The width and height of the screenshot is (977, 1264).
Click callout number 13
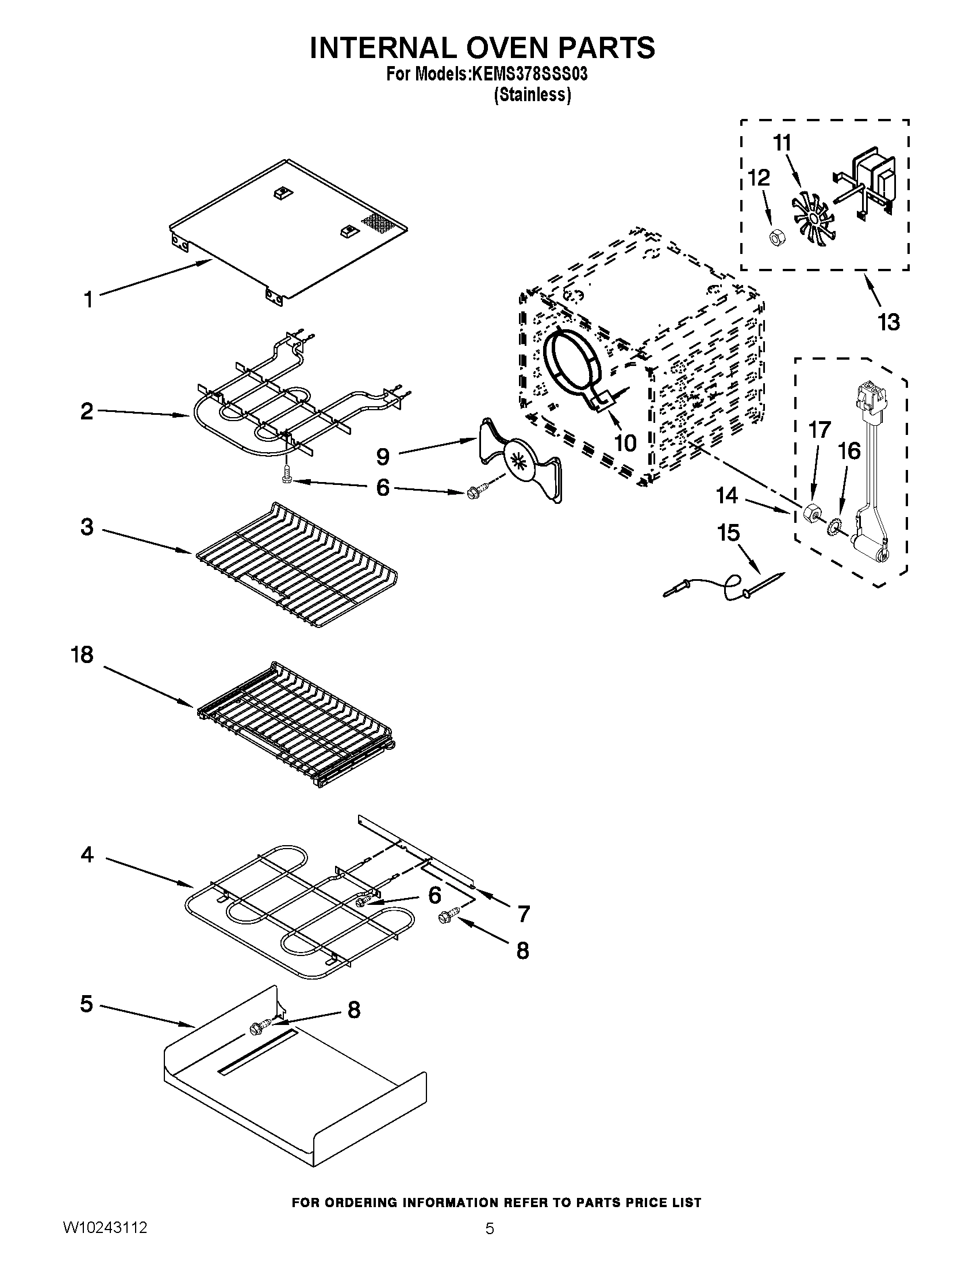pyautogui.click(x=888, y=322)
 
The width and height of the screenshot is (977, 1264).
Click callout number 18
pyautogui.click(x=82, y=654)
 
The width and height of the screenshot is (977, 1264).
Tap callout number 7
pyautogui.click(x=523, y=914)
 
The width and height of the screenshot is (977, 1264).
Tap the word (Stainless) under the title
pyautogui.click(x=532, y=95)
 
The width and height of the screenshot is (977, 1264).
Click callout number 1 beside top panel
pyautogui.click(x=88, y=300)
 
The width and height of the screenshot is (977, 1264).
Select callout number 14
pyautogui.click(x=728, y=495)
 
